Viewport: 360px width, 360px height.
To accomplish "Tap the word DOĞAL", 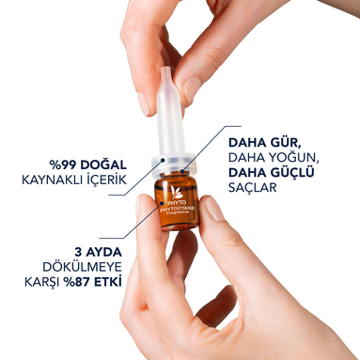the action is click(103, 164).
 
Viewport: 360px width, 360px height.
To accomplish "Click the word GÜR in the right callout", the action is click(286, 142).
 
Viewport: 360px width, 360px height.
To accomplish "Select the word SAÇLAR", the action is click(253, 187).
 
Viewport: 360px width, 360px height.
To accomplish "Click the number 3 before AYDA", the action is click(78, 252).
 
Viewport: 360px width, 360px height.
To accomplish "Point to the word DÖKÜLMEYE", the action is click(82, 266).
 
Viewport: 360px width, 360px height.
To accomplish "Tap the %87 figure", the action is click(77, 282).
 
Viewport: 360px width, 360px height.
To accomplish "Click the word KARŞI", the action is click(42, 282).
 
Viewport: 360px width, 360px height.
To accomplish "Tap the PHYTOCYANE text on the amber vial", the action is click(178, 209).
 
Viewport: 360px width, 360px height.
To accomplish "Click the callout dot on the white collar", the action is click(163, 160).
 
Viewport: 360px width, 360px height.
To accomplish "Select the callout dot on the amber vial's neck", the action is click(182, 171).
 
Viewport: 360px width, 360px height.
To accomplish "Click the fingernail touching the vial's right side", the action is click(214, 209).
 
